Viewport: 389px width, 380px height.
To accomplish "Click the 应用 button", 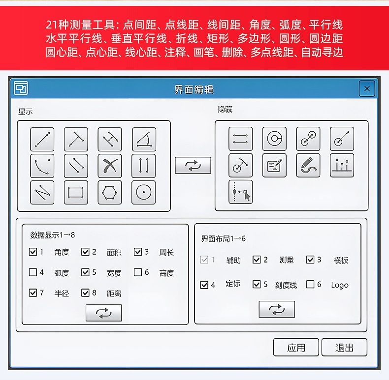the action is click(x=296, y=347).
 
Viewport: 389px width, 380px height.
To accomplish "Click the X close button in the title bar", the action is click(x=367, y=88).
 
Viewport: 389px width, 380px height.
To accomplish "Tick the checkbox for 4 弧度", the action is click(x=33, y=272).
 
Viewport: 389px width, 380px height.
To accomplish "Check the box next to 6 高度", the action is click(x=138, y=272).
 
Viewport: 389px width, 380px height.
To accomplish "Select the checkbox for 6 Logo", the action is click(x=310, y=284).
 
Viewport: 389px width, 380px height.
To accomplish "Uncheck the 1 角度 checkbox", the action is click(x=33, y=252).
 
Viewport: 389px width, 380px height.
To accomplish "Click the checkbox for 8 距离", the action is click(x=85, y=292).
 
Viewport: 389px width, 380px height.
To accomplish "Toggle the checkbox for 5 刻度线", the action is click(x=257, y=284).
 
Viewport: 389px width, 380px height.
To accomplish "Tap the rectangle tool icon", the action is click(x=76, y=193).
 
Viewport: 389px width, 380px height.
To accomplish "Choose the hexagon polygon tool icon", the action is click(x=110, y=193).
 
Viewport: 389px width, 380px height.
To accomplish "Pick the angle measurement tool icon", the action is click(x=144, y=139).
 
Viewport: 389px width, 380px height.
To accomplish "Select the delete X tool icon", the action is click(x=110, y=166).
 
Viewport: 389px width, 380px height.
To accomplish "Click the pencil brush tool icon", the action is click(x=308, y=165).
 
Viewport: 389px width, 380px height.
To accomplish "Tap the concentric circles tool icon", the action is click(x=274, y=139).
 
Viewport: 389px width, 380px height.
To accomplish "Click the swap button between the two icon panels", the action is click(x=193, y=165).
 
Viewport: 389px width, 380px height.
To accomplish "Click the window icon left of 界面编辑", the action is click(x=21, y=88).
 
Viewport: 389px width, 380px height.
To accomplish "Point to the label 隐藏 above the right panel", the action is click(x=225, y=109).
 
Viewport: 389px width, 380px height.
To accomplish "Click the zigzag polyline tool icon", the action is click(x=42, y=193).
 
